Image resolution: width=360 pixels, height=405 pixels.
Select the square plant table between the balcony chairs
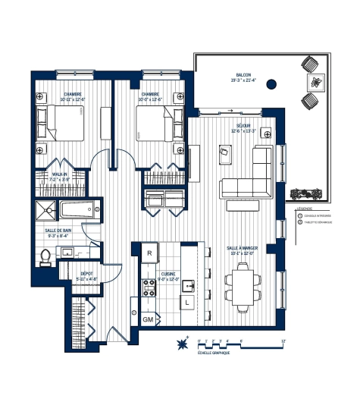312,82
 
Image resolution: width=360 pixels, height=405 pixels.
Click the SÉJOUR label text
243,125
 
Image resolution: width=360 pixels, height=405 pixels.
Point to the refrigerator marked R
150,253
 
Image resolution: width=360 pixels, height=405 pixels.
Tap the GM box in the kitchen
148,319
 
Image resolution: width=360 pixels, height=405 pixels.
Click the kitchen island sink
186,286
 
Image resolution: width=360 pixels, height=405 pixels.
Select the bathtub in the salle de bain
78,210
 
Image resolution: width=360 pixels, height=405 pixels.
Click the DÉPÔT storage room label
86,275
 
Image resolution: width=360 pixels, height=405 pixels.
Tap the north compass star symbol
182,345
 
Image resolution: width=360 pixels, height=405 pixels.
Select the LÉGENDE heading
304,207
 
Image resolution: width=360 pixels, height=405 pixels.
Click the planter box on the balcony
307,193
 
